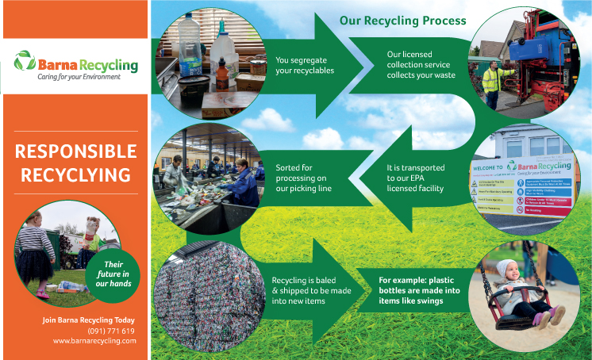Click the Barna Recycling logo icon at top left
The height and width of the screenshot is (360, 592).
pos(25,61)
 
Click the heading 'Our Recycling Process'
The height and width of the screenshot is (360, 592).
pos(402,21)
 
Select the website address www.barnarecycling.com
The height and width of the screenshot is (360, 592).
pos(95,341)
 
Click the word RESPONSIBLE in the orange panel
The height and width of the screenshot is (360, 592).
pos(76,151)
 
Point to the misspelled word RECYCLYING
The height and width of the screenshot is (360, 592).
pos(76,173)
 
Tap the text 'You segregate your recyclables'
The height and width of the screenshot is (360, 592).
pos(304,65)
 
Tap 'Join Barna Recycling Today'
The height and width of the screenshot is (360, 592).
pos(88,320)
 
